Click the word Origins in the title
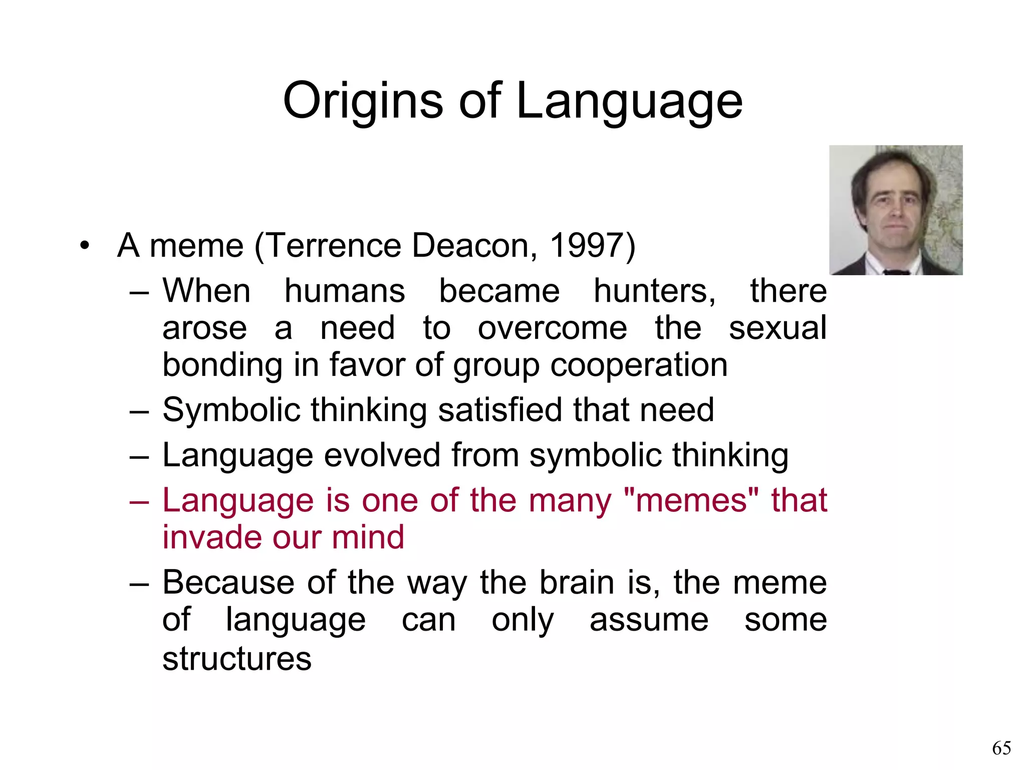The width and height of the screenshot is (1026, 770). pyautogui.click(x=363, y=102)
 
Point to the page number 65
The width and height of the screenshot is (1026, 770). pyautogui.click(x=1001, y=748)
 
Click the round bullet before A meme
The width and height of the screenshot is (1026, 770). pyautogui.click(x=85, y=246)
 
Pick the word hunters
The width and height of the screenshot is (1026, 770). pyautogui.click(x=654, y=291)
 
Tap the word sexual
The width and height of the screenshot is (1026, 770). pyautogui.click(x=777, y=328)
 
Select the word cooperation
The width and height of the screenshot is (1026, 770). pyautogui.click(x=639, y=364)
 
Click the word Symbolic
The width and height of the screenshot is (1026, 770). pyautogui.click(x=231, y=410)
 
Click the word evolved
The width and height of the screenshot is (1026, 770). pyautogui.click(x=383, y=455)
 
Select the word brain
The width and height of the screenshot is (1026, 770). pyautogui.click(x=577, y=583)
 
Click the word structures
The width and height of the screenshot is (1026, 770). pyautogui.click(x=237, y=658)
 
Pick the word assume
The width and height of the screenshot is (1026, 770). pyautogui.click(x=649, y=620)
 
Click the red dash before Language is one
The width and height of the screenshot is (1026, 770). pyautogui.click(x=139, y=501)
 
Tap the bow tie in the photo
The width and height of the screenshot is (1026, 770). pyautogui.click(x=896, y=272)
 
